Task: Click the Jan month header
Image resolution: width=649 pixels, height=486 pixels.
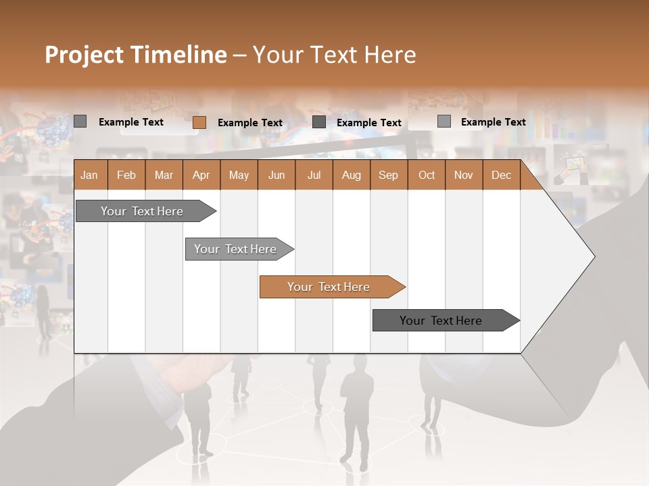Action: click(89, 175)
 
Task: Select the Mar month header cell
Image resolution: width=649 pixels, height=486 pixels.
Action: click(164, 175)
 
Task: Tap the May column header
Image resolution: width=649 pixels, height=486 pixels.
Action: click(239, 175)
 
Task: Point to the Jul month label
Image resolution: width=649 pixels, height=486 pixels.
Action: click(314, 175)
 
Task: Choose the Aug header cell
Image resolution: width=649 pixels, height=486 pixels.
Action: click(351, 175)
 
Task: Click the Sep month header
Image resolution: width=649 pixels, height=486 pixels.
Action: click(388, 175)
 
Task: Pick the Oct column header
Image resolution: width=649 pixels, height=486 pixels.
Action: click(427, 175)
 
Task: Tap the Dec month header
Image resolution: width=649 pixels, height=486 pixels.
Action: click(501, 175)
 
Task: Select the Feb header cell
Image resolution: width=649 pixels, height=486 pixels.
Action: click(126, 175)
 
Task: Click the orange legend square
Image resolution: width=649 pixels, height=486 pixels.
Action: click(199, 122)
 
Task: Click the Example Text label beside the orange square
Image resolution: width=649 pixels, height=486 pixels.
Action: click(249, 123)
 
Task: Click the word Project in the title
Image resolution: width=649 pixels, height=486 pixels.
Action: click(85, 55)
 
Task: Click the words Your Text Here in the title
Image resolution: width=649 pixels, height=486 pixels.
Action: click(334, 55)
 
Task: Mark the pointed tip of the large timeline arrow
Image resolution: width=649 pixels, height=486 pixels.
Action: click(594, 256)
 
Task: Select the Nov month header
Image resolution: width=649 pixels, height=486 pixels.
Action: click(463, 175)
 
